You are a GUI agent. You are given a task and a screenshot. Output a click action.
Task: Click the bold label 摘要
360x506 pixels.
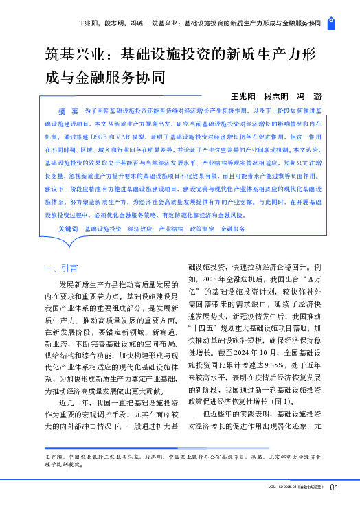67,110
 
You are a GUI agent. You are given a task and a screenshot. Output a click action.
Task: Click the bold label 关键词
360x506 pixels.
68,227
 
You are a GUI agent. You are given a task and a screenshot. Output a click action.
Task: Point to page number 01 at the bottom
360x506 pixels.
334,489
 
